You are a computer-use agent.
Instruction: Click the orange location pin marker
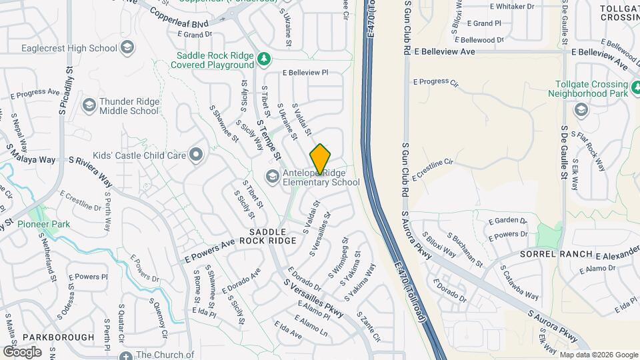click(321, 159)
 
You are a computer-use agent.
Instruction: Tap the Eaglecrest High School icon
click(127, 48)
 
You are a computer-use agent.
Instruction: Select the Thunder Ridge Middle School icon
click(89, 105)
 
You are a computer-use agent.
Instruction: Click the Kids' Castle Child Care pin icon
click(195, 155)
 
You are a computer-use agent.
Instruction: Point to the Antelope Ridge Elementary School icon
click(272, 176)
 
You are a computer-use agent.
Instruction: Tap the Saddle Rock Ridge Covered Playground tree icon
click(264, 59)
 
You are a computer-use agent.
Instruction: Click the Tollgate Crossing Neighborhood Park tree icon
click(629, 85)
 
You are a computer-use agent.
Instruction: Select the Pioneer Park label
click(44, 225)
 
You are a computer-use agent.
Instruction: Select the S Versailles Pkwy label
click(313, 299)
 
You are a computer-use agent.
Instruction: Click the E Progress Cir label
click(436, 82)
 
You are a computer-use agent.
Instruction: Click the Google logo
click(22, 351)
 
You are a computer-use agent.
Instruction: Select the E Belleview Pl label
click(305, 72)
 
